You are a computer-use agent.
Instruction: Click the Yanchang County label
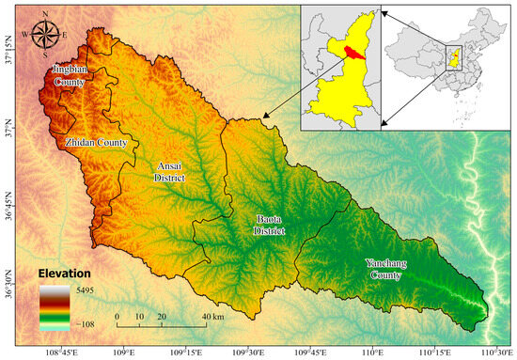pos(390,268)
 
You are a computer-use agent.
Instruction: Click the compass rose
pos(43,36)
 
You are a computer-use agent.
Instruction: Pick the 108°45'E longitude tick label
pos(60,353)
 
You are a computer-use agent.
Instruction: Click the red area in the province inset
pos(355,53)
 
